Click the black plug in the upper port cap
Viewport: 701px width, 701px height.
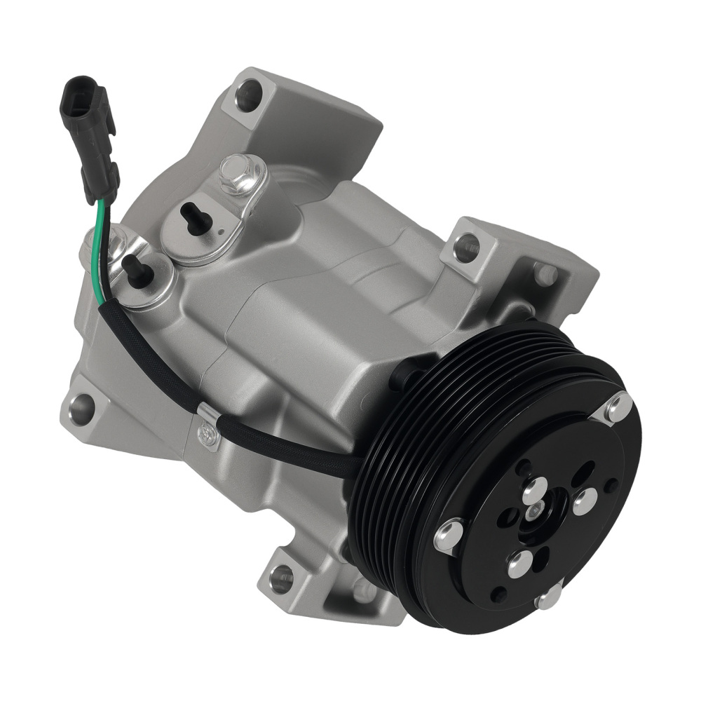[196, 219]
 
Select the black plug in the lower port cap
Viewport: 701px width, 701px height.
[137, 270]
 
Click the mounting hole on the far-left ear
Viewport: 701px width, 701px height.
[82, 406]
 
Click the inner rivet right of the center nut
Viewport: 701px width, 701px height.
[583, 502]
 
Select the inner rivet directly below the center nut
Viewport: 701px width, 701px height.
[520, 562]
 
